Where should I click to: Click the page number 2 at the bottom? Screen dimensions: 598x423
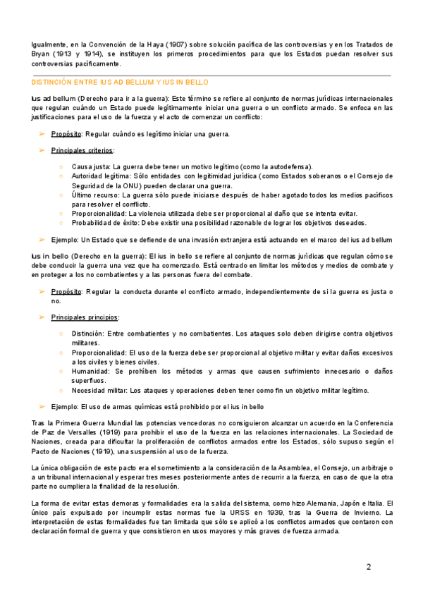pyautogui.click(x=368, y=566)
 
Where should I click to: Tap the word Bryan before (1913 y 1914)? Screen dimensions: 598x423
pyautogui.click(x=44, y=54)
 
